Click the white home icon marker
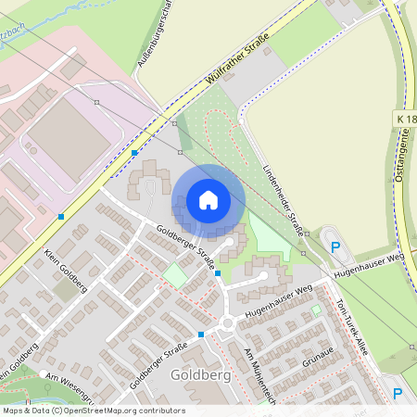point(208,199)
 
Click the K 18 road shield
point(404,120)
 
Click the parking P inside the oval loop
point(335,247)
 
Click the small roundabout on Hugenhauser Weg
point(228,323)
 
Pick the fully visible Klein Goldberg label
point(65,271)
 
